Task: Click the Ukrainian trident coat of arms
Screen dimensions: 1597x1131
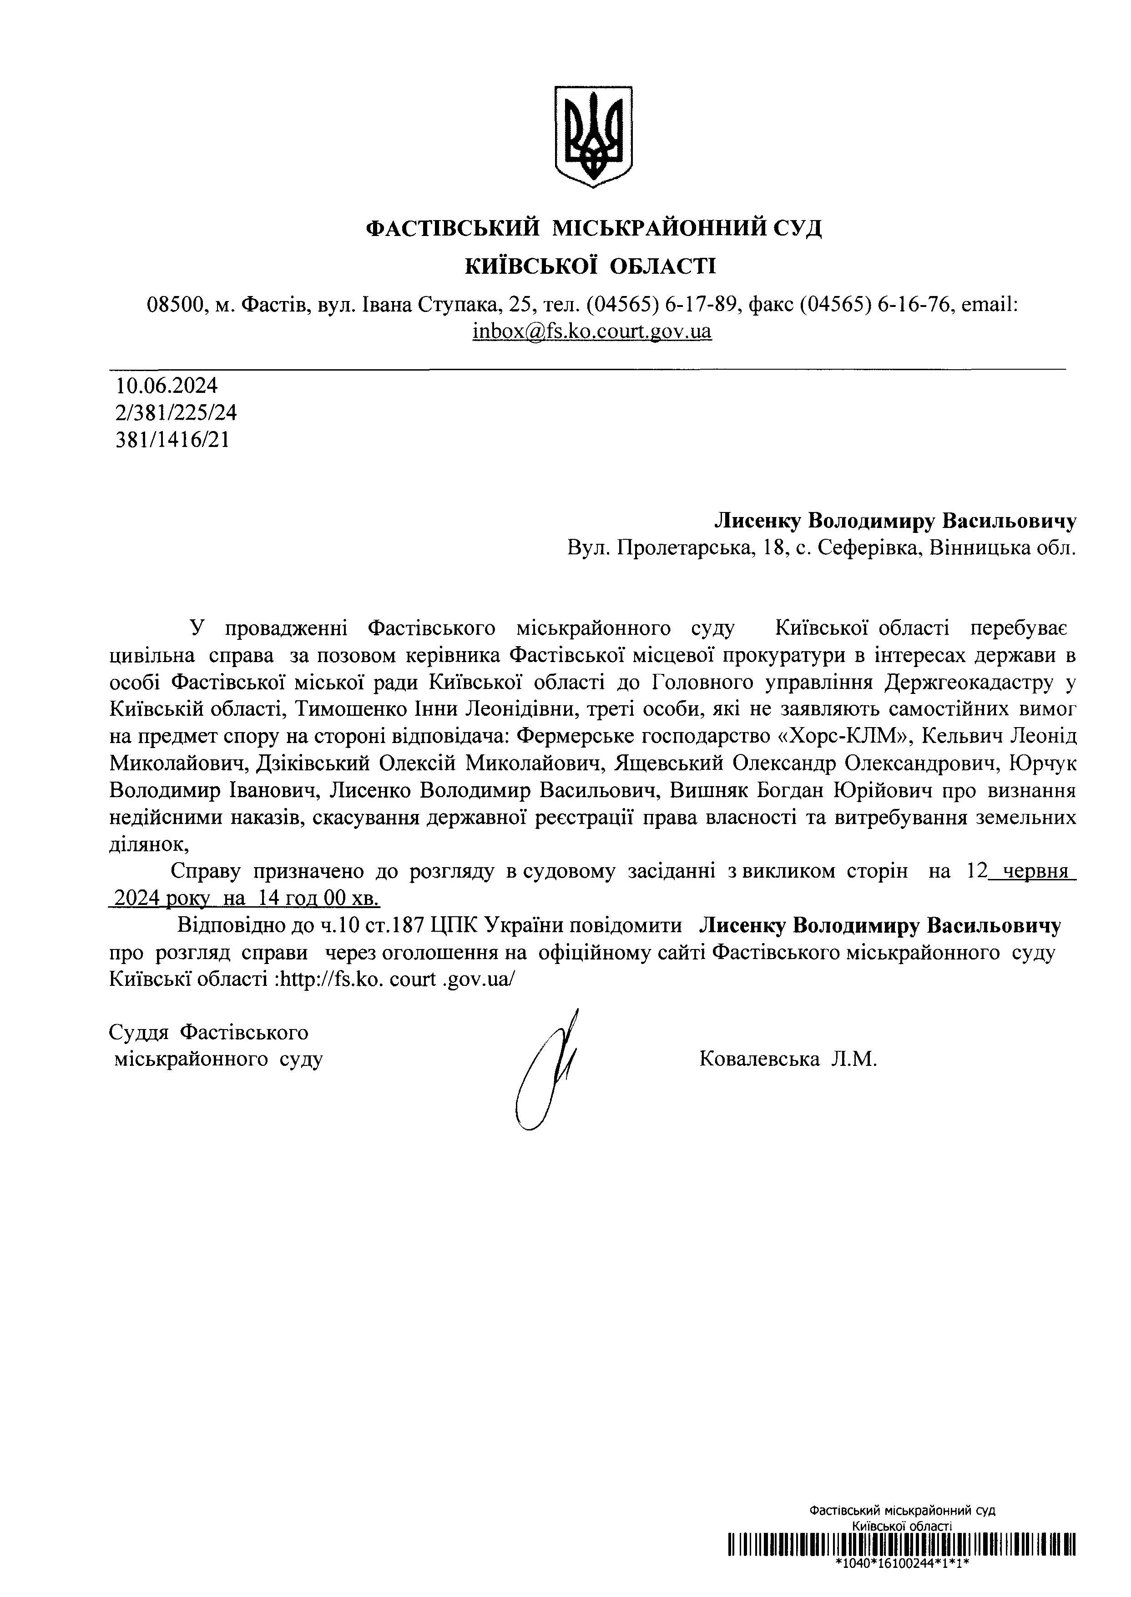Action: [593, 136]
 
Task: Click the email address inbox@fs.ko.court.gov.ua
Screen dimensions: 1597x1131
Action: [592, 331]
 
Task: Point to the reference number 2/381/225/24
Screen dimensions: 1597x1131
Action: [176, 413]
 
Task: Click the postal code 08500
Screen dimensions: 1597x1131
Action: [173, 304]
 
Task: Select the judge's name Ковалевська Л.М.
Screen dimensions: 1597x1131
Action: [788, 1059]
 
